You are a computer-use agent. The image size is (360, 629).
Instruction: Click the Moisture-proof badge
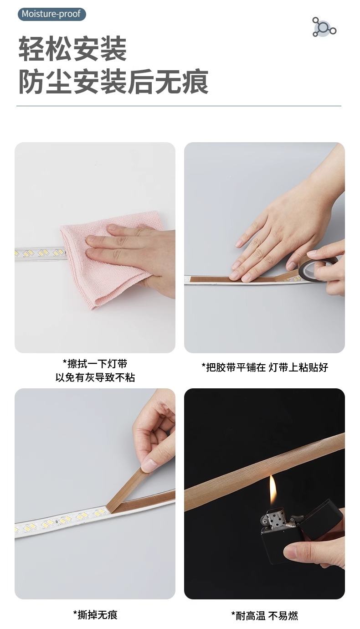pos(51,14)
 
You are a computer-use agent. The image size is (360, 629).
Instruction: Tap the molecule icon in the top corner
pos(324,27)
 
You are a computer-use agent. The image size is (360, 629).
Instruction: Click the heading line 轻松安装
pos(72,49)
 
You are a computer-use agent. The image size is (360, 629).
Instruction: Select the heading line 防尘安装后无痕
pos(113,82)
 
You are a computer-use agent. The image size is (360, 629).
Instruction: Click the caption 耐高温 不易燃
pos(264,616)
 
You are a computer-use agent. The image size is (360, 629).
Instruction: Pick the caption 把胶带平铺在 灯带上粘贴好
pos(264,367)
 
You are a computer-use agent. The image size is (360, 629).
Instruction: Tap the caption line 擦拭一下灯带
pos(95,364)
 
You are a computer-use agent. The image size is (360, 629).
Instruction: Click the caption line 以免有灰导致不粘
pos(95,377)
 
